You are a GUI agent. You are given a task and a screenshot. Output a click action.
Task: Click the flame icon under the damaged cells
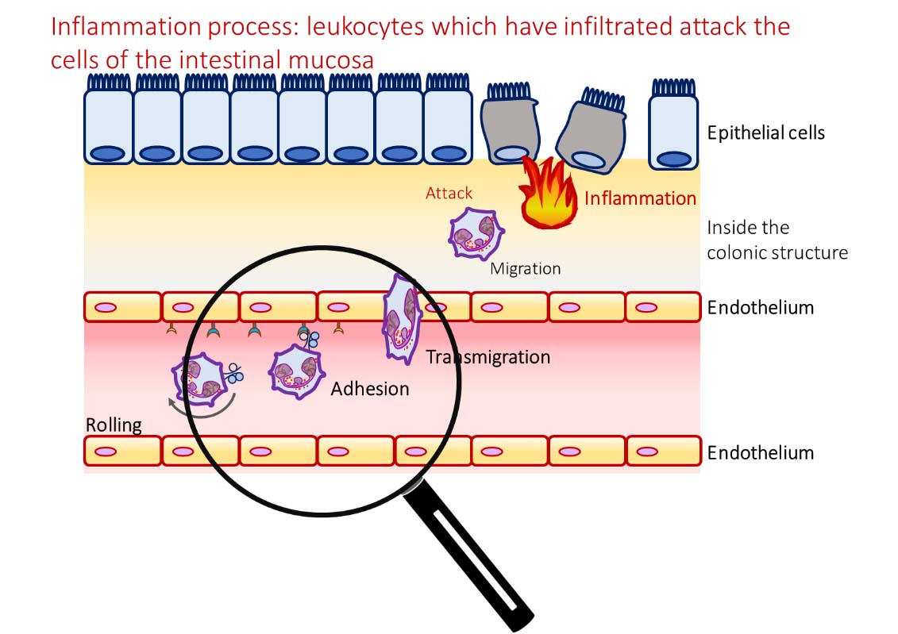(548, 194)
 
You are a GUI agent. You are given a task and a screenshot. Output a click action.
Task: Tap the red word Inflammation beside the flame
(640, 198)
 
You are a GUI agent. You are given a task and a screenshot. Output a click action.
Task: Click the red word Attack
(449, 193)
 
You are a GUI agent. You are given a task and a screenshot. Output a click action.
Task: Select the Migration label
(525, 269)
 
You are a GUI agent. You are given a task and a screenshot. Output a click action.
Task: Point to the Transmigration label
(488, 357)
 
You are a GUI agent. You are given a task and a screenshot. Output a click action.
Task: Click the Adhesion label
(370, 389)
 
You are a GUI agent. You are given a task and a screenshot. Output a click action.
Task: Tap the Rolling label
(114, 425)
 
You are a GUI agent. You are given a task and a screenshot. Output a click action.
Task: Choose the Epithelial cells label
(765, 133)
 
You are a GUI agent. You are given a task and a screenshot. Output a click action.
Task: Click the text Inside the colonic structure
(777, 240)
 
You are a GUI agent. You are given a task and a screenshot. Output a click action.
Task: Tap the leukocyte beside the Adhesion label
(295, 371)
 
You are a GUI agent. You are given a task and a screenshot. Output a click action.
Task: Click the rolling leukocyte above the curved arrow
(199, 378)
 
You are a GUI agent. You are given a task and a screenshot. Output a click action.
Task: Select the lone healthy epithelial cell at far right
(673, 127)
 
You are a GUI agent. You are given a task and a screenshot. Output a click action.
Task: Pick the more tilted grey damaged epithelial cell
(589, 131)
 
